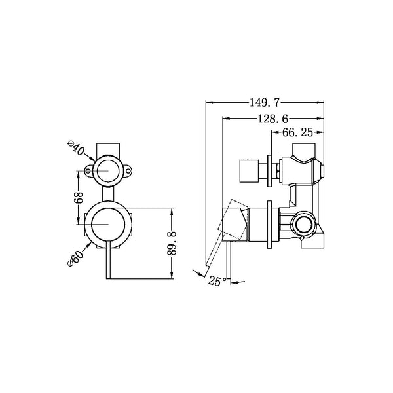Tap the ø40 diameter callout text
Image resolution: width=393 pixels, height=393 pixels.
coord(77,149)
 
